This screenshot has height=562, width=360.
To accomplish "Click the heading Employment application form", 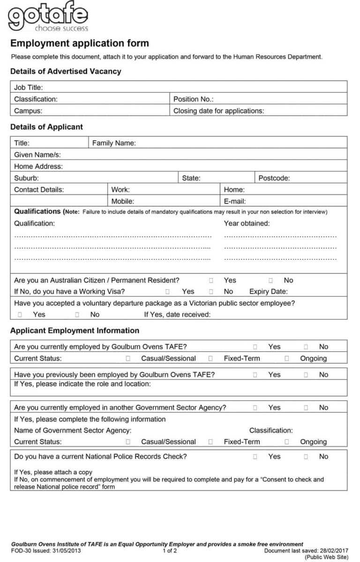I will [x=79, y=44].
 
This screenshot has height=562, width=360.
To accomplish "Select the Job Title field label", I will [x=28, y=88].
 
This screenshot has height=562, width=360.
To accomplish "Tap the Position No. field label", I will [x=193, y=99].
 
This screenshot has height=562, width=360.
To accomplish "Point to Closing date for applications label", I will [x=218, y=111].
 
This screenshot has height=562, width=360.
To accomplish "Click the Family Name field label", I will [x=114, y=143].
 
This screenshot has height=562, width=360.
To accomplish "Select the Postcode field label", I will [x=274, y=178].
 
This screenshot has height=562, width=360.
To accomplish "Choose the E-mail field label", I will [x=235, y=201].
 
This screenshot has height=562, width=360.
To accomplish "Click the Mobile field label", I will [x=122, y=201].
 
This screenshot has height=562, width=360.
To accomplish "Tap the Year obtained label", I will [x=247, y=223].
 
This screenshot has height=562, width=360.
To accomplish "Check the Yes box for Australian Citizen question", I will [x=211, y=281].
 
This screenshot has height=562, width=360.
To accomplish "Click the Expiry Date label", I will [x=268, y=291].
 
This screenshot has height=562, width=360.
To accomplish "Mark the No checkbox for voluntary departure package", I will [x=77, y=315].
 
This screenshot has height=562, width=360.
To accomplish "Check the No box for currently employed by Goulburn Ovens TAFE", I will [x=306, y=347].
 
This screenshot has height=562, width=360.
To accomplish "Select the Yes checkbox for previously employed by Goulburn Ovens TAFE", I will [x=255, y=375].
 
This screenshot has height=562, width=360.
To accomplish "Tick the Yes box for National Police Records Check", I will [x=255, y=457].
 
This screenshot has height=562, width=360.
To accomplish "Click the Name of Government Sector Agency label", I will [x=73, y=430].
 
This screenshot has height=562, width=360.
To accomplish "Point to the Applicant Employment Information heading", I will [x=75, y=331].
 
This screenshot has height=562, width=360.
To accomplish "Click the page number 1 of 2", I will [x=170, y=551].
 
